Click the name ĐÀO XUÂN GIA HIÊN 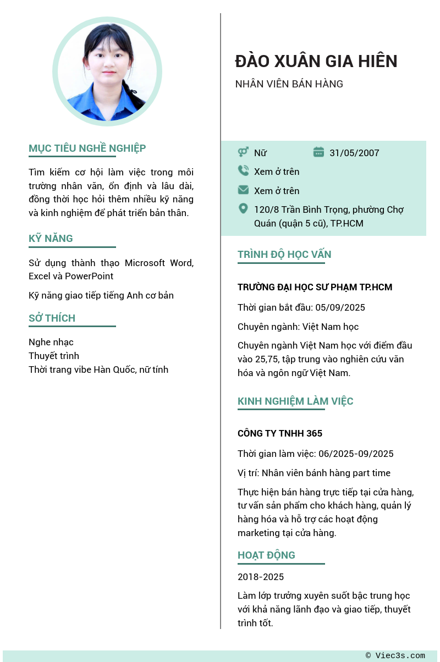316,61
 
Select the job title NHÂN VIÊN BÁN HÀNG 289,84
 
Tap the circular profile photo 107,71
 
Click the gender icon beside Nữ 243,152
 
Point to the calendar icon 318,152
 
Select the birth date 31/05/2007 354,153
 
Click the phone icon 243,171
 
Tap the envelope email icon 243,190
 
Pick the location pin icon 243,209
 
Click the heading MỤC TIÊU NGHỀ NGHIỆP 87,148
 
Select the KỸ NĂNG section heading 51,239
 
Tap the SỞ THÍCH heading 52,318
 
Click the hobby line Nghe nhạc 51,342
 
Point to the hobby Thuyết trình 54,356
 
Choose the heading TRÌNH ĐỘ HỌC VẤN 284,255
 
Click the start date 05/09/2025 340,307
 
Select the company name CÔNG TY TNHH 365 280,433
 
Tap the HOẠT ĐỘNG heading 266,555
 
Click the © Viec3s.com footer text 395,655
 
